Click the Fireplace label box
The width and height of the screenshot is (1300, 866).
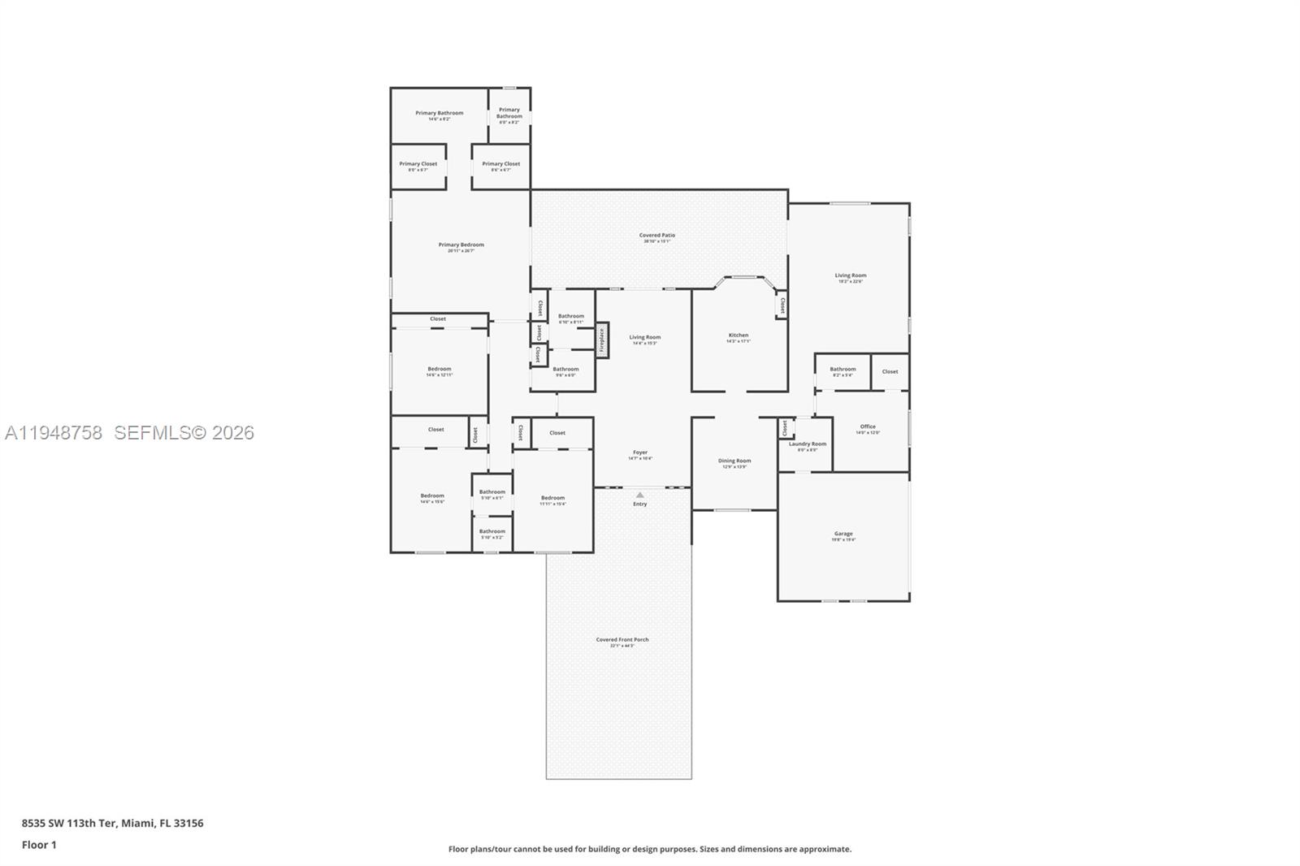602,340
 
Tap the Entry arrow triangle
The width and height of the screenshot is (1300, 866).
640,495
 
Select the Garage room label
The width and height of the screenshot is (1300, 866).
843,535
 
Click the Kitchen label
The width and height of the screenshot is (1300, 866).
738,336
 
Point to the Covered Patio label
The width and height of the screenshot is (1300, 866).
656,236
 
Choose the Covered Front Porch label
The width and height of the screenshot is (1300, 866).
622,640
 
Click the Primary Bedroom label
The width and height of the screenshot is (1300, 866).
461,245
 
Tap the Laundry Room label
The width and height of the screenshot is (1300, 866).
807,444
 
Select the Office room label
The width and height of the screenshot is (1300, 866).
868,427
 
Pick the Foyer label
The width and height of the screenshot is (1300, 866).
640,452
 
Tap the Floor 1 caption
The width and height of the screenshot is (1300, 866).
39,845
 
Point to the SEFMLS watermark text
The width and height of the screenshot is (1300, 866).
184,433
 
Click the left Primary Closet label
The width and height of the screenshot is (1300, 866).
418,164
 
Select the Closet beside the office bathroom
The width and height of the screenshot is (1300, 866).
890,371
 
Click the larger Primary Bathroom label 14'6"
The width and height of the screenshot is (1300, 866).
439,114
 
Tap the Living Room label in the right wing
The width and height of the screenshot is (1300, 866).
851,276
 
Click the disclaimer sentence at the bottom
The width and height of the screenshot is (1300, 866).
650,849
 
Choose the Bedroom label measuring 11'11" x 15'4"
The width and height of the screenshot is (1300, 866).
552,499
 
